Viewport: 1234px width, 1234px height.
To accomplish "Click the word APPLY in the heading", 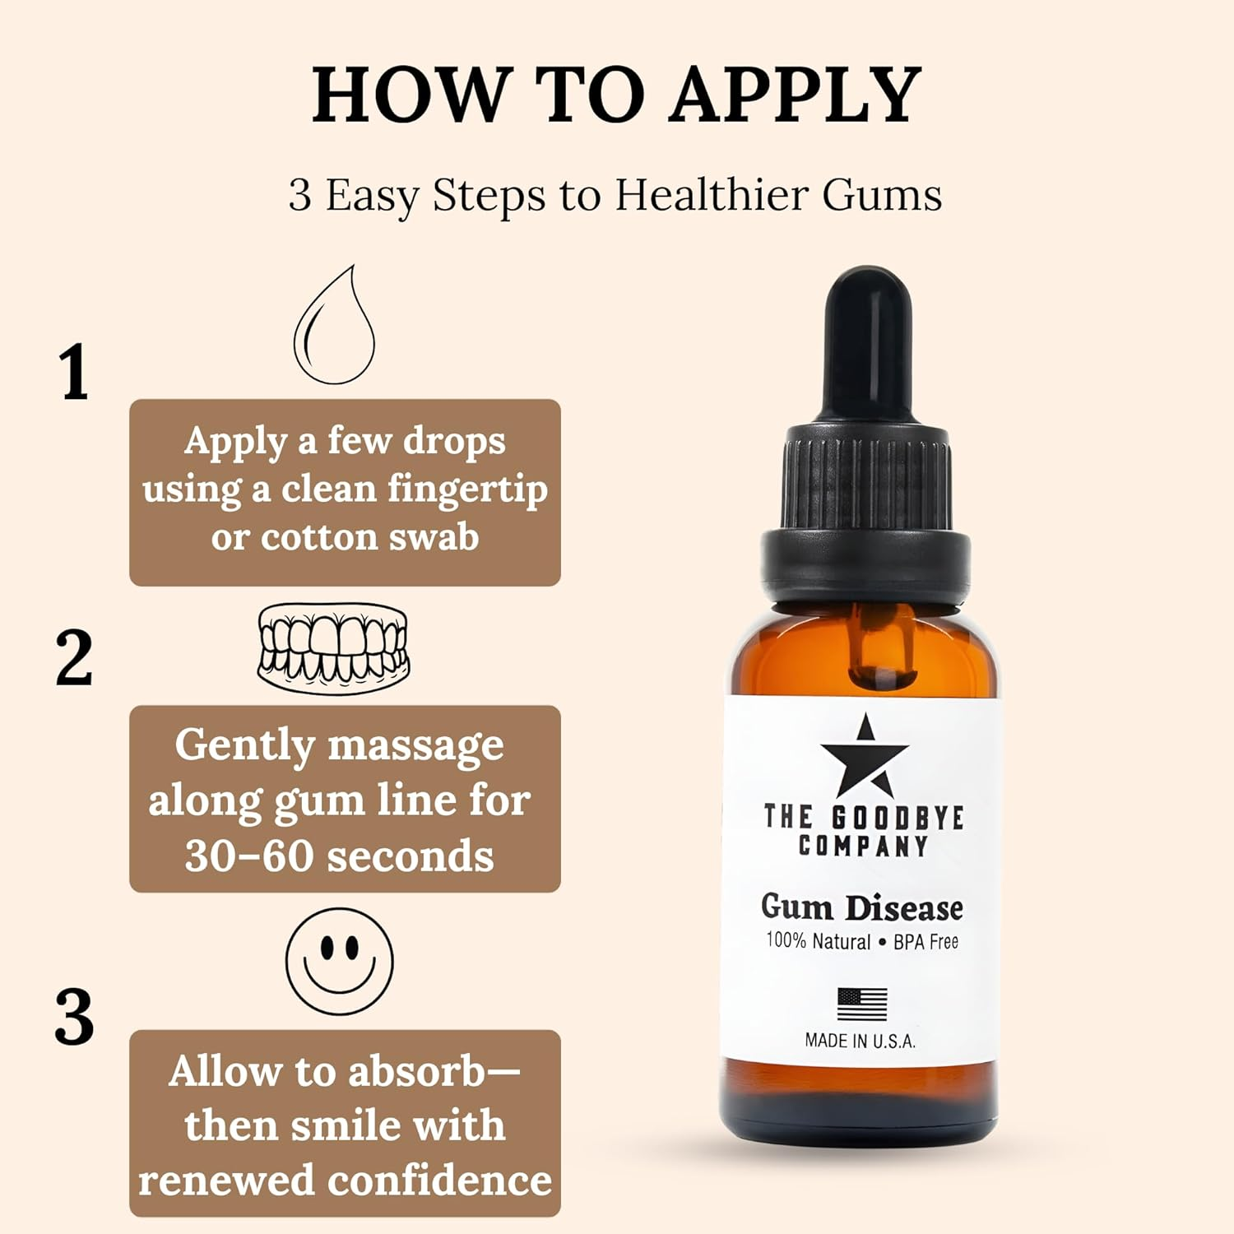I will (x=796, y=95).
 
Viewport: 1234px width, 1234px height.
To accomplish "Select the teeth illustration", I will (x=333, y=648).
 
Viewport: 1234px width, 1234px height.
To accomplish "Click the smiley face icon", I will (x=339, y=962).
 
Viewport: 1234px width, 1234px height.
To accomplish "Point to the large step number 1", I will (x=74, y=373).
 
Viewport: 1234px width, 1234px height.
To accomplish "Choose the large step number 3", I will (x=74, y=1018).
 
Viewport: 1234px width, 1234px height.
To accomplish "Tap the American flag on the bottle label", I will (x=862, y=1004).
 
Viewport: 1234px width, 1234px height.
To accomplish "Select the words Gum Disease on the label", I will (x=861, y=907).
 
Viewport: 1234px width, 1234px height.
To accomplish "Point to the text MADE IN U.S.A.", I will (x=860, y=1041).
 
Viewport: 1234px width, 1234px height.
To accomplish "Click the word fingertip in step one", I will (x=467, y=489).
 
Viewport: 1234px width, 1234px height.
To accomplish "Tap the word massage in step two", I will (x=415, y=745).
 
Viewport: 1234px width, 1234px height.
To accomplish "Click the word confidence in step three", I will (x=440, y=1180).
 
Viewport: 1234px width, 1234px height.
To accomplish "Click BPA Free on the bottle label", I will (x=925, y=942).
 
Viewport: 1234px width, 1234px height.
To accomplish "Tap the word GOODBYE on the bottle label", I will (x=898, y=818).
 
